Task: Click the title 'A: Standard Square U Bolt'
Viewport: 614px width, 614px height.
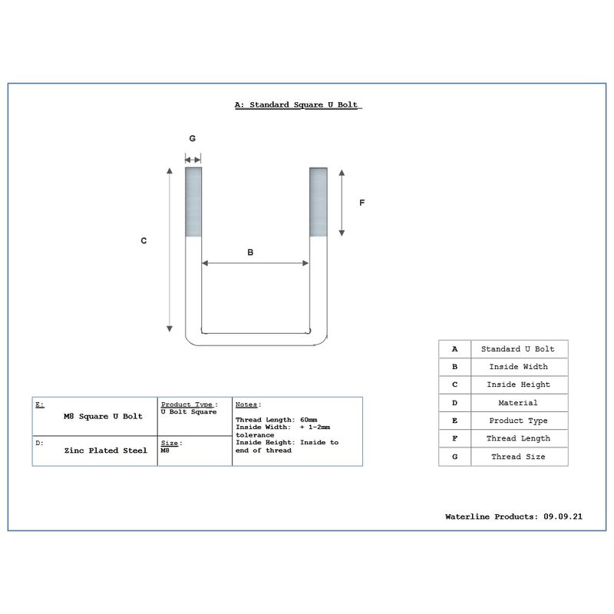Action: coord(296,105)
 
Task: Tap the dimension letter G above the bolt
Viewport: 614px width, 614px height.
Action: coord(193,138)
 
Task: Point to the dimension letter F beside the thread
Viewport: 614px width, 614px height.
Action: coord(361,203)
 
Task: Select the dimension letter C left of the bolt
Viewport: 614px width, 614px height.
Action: coord(144,240)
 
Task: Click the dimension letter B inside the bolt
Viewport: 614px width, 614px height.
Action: coord(250,253)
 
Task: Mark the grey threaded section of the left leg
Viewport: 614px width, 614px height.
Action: coord(193,202)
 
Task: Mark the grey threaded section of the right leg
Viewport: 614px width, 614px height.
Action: coord(319,202)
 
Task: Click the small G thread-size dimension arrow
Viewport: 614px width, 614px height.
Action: coord(193,160)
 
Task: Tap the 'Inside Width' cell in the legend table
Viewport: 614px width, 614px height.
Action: coord(520,367)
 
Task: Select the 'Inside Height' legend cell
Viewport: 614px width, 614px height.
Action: coord(520,385)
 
